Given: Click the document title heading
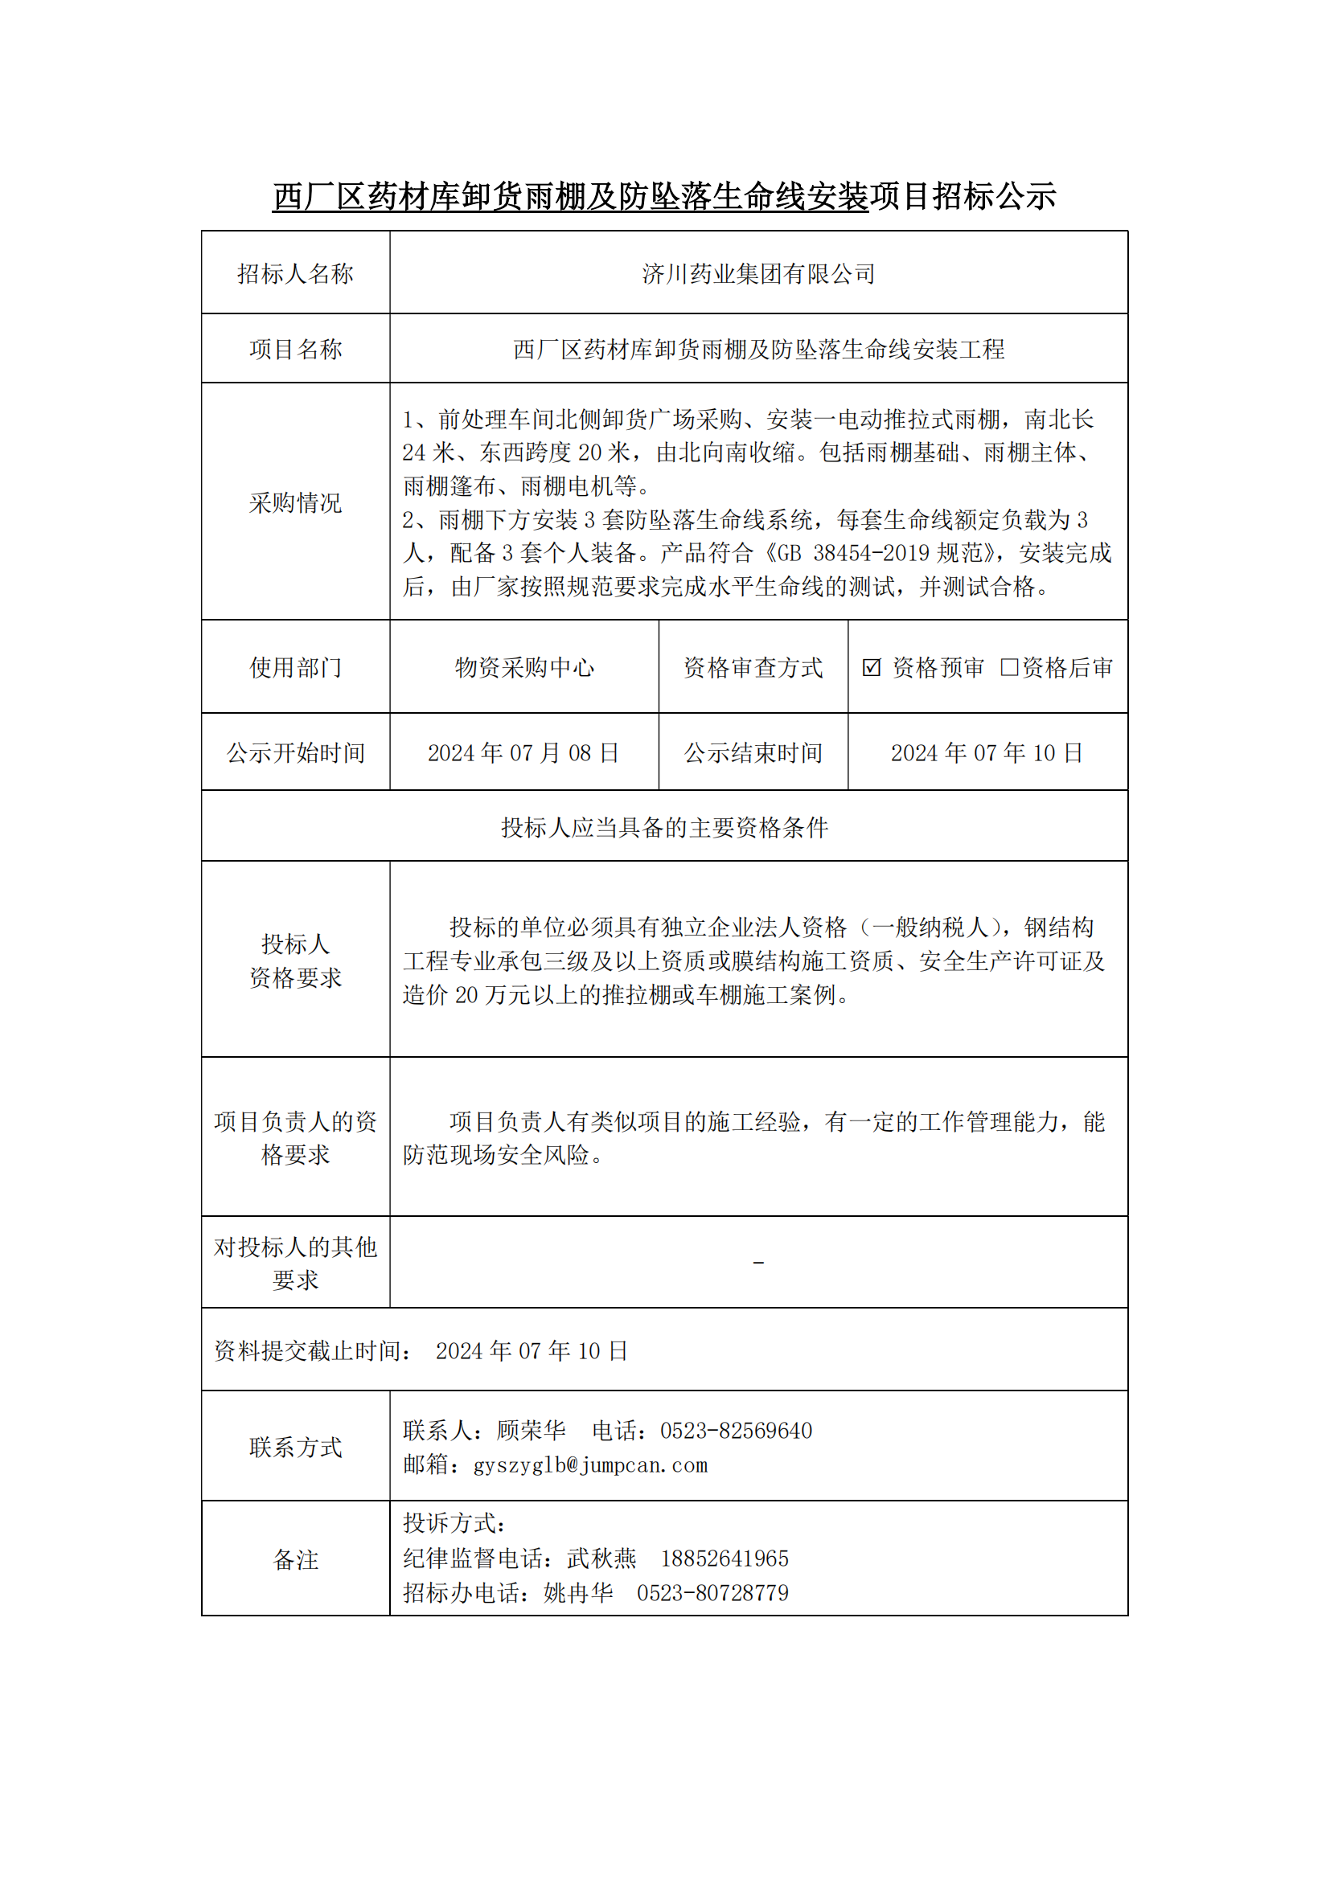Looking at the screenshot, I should click(x=664, y=196).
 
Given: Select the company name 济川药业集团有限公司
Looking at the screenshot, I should click(x=758, y=273).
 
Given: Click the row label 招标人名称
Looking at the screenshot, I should click(x=295, y=273).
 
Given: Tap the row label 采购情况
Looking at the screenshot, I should click(x=295, y=502).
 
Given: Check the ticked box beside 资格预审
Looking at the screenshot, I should click(x=872, y=667).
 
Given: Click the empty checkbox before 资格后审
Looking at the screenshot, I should click(x=1009, y=667).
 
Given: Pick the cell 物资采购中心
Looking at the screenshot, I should click(x=524, y=668).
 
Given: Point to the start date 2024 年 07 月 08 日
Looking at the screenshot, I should click(x=523, y=752).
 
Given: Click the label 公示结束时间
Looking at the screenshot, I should click(x=753, y=752).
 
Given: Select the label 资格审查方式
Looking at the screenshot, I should click(x=753, y=668).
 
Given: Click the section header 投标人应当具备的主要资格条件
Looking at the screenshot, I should click(x=664, y=828).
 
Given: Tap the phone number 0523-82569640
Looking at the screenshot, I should click(x=736, y=1432).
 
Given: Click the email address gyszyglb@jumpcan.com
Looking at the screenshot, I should click(x=589, y=1466).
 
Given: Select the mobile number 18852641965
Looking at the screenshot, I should click(x=724, y=1559).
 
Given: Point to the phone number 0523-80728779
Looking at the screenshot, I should click(x=712, y=1593).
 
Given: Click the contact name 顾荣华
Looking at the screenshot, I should click(x=531, y=1432).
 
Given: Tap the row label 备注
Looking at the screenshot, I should click(x=295, y=1560).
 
